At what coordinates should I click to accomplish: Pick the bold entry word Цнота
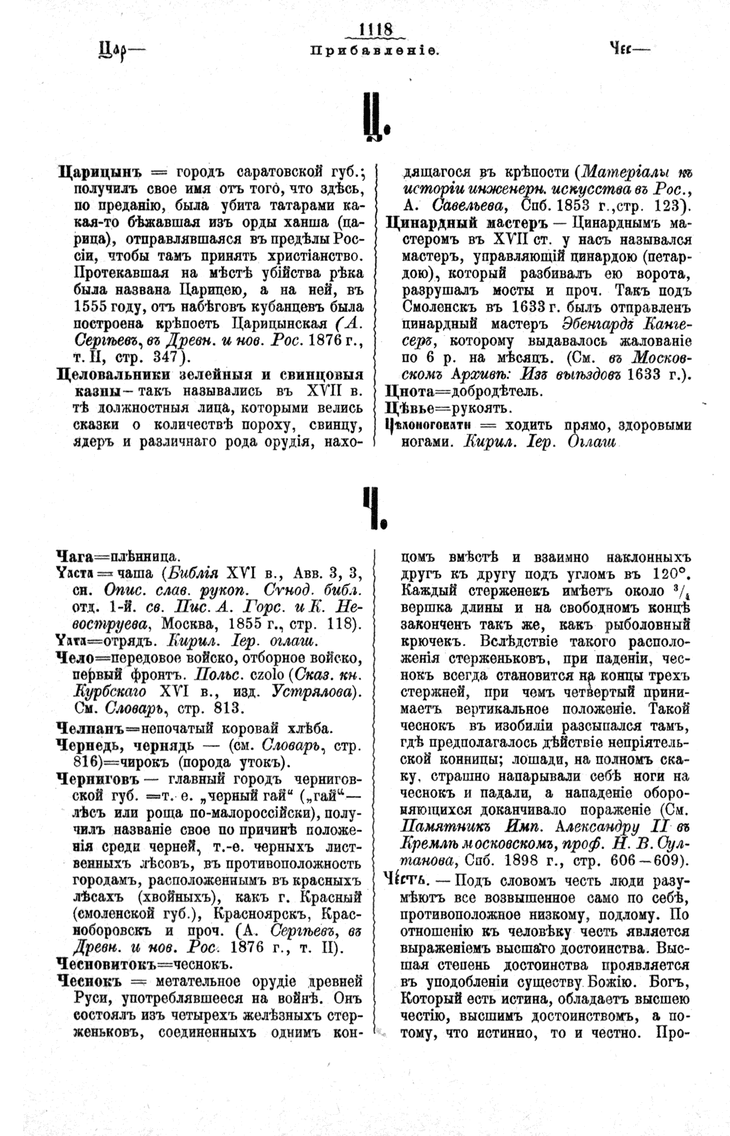[406, 392]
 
